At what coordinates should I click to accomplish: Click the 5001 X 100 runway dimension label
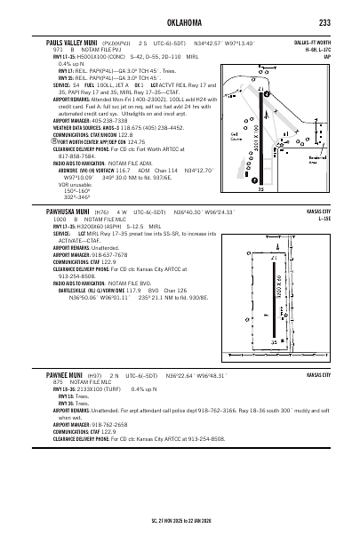tap(258, 146)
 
